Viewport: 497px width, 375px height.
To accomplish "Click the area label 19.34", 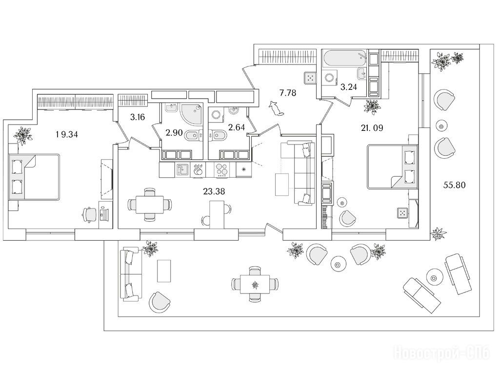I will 65,135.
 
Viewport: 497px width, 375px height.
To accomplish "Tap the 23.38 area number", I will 214,191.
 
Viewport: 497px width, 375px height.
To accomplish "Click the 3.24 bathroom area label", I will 349,87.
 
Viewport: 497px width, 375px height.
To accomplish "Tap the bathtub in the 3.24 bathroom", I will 344,59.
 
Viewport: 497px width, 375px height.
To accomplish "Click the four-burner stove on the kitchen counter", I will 221,169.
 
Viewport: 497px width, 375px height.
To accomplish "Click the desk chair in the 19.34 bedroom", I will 89,213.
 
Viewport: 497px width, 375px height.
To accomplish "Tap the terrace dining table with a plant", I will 253,284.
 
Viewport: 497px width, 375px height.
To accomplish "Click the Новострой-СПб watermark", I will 441,353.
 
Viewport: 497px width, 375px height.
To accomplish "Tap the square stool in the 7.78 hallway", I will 310,77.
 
